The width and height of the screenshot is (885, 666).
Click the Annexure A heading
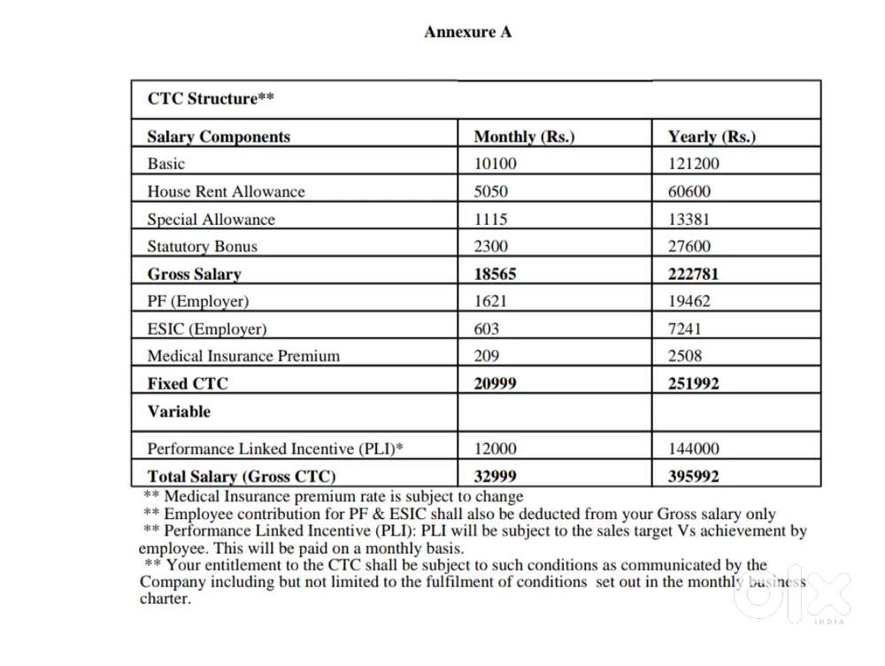point(467,32)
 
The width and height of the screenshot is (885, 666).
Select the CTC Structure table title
point(210,98)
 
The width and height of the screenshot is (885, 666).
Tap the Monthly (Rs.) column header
point(524,136)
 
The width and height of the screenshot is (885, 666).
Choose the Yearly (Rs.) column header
point(712,136)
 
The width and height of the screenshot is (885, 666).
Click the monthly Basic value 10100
point(496,164)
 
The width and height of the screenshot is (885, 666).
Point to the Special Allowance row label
point(211,220)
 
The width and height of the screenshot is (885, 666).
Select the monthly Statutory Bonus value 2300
point(491,246)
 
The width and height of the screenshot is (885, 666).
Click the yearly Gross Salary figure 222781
point(693,274)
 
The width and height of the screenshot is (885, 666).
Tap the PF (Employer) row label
point(197,301)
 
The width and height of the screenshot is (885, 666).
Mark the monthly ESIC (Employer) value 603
point(487,329)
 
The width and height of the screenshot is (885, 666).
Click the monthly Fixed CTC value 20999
point(496,383)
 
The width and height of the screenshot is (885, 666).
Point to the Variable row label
point(179,411)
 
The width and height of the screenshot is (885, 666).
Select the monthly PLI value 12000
point(496,449)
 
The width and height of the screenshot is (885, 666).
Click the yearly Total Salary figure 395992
point(693,476)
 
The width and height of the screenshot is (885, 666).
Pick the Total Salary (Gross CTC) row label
point(241,476)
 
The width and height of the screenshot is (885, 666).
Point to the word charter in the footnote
point(165,599)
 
